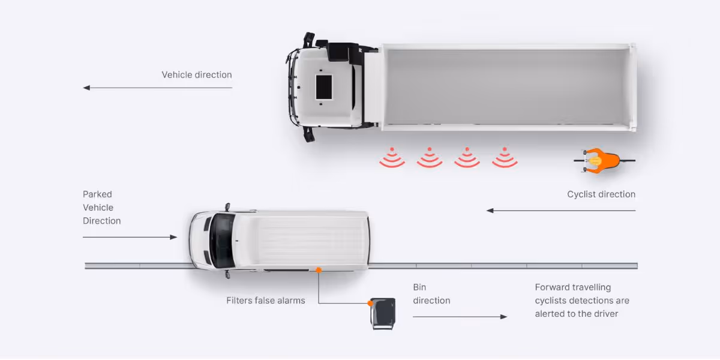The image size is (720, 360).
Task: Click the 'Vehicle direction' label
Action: click(196, 75)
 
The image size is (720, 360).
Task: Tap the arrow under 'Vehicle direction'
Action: click(157, 88)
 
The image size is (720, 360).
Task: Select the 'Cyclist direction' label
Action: click(601, 194)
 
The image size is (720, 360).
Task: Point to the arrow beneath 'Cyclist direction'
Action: click(560, 211)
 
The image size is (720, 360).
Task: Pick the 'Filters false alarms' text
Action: click(265, 301)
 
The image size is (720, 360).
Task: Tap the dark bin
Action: click(383, 313)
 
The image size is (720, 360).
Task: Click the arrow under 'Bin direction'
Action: click(460, 316)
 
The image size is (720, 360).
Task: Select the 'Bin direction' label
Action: click(431, 294)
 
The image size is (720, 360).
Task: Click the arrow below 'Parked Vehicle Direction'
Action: click(130, 237)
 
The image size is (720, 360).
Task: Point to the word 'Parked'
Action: click(97, 194)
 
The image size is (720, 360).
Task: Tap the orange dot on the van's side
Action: click(319, 271)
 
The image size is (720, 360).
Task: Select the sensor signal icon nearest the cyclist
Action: click(505, 158)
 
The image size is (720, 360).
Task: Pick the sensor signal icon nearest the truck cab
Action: click(392, 158)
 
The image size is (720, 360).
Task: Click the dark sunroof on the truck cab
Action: click(324, 87)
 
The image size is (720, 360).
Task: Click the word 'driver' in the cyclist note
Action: click(604, 314)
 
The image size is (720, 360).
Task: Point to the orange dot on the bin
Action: click(371, 304)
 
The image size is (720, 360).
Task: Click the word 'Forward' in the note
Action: click(551, 287)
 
